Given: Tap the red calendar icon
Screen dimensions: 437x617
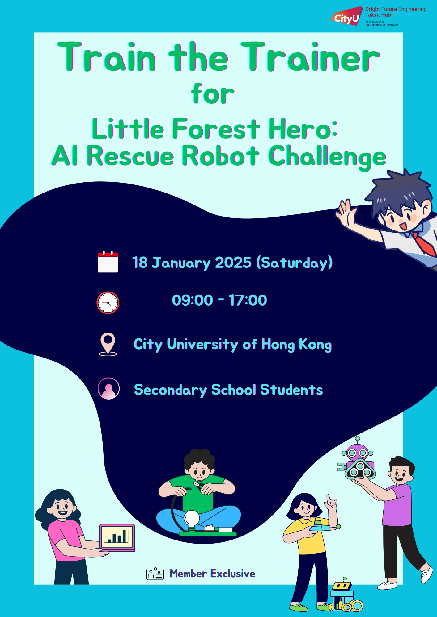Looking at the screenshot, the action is pos(108,262).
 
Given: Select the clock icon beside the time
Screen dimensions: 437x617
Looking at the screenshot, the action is pos(108,303).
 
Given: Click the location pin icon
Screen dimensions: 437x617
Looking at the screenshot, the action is pos(108,344).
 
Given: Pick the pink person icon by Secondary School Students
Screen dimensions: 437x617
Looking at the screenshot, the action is pos(108,388).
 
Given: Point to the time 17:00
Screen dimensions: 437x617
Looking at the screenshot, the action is pos(248,300).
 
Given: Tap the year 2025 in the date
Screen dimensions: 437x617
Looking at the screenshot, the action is pos(233,263).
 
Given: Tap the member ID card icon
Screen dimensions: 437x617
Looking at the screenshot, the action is pos(155,574).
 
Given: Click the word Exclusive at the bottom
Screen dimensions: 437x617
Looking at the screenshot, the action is pos(233,574).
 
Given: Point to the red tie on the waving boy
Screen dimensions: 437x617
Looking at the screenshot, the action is pos(425,245).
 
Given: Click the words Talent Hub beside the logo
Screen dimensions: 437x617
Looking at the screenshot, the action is pos(378,15).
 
